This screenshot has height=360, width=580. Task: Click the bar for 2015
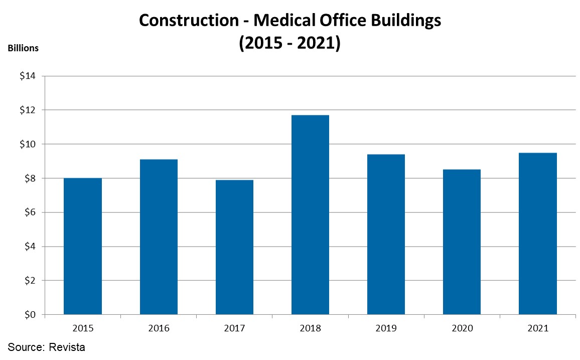coord(83,246)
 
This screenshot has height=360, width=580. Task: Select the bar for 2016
coord(159,237)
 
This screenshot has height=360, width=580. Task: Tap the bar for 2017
coord(234,247)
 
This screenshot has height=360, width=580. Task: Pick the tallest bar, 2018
coord(310,215)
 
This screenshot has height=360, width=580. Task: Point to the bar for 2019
coord(386,234)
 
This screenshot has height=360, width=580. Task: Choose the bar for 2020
coord(462,242)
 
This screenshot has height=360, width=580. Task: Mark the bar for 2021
coord(537,233)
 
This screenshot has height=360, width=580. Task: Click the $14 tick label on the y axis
coord(28,76)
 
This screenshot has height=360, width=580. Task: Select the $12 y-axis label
coord(28,110)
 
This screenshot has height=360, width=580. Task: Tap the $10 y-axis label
coord(28,144)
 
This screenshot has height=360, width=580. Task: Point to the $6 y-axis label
coord(30,212)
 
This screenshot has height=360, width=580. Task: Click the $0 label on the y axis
coord(30,315)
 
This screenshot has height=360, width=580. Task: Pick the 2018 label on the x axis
coord(310,328)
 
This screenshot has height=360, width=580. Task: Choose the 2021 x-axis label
coord(537,328)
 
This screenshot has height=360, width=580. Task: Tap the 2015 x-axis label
coord(83,328)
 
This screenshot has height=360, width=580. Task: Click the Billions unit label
coord(23,48)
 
